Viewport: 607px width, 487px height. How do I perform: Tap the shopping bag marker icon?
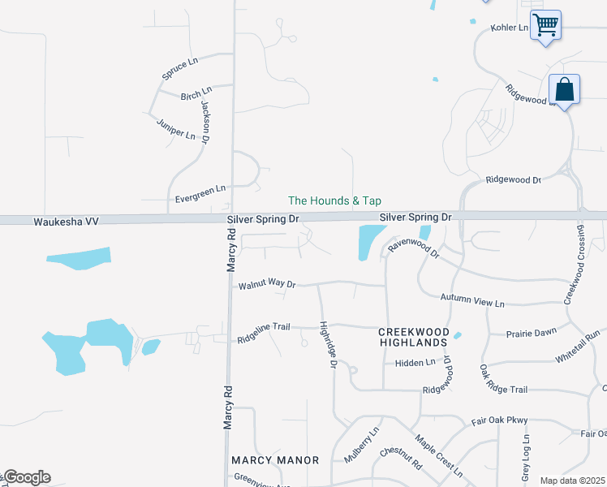coord(564,88)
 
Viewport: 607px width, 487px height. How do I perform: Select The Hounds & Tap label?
coord(334,200)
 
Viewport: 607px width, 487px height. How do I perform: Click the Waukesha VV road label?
coord(65,221)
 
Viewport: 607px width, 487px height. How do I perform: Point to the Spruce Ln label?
coord(179,69)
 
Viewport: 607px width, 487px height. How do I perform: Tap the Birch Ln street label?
coord(196,95)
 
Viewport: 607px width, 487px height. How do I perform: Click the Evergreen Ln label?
coord(200,194)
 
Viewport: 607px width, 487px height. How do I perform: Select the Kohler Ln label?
coord(509,28)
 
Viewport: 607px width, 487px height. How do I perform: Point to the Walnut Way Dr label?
coord(267,285)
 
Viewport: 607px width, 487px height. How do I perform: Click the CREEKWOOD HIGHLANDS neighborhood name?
coord(413,338)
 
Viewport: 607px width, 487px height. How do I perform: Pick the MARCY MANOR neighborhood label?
coord(275,460)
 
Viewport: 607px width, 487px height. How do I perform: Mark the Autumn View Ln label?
coord(472,301)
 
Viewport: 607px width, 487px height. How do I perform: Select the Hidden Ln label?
coord(415,363)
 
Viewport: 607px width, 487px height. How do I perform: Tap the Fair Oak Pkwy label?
coord(500,420)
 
